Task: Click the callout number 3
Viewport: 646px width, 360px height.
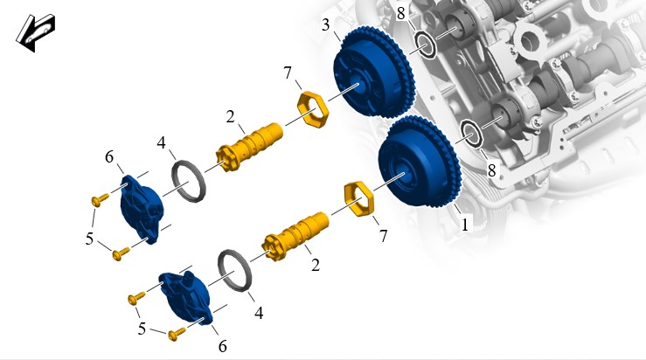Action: click(325, 25)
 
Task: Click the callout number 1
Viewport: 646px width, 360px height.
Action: click(465, 225)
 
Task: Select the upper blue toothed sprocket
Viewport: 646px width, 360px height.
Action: click(373, 72)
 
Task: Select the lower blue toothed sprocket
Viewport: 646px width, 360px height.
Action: click(420, 162)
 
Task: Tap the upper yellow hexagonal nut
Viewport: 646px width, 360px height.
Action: click(313, 110)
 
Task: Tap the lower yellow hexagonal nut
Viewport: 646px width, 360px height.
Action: click(359, 198)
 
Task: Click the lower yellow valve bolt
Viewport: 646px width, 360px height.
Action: click(295, 236)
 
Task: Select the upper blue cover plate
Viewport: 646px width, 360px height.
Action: click(142, 209)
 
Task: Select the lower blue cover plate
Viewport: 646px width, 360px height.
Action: click(186, 298)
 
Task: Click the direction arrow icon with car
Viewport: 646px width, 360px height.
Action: click(36, 33)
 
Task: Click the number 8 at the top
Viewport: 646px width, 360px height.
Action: click(401, 14)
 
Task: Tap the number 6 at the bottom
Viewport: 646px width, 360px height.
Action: click(223, 346)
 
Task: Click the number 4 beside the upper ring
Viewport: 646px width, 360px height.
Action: click(161, 143)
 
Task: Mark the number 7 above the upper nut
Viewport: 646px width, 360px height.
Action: click(287, 73)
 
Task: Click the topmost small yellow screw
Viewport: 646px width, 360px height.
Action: click(100, 200)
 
